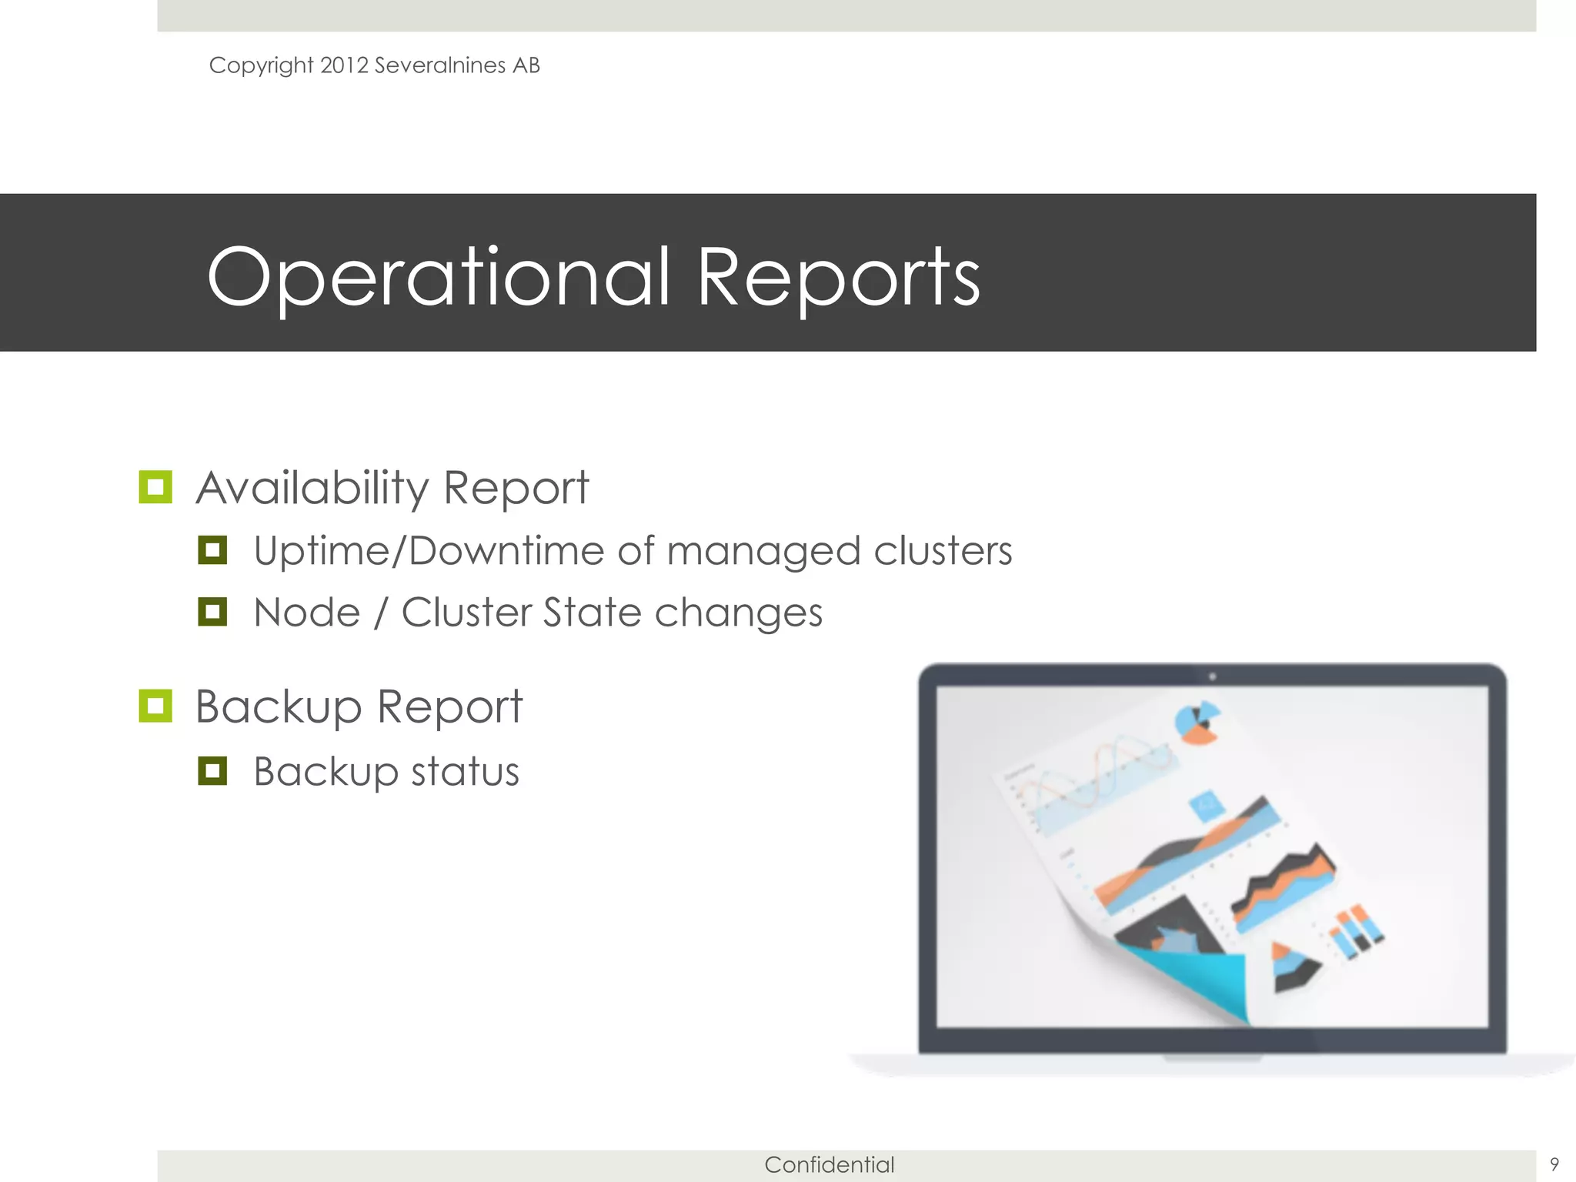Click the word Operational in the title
click(x=439, y=277)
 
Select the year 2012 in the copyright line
click(x=344, y=65)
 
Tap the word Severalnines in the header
click(x=439, y=65)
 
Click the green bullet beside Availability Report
click(x=155, y=487)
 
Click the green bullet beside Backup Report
click(x=155, y=706)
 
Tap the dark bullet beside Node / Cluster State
click(x=212, y=613)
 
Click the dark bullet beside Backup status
click(x=212, y=770)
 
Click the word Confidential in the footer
click(x=829, y=1164)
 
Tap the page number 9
click(x=1554, y=1164)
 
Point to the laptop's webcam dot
click(x=1212, y=676)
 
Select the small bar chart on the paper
click(x=1356, y=931)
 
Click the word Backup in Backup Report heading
click(x=278, y=706)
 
